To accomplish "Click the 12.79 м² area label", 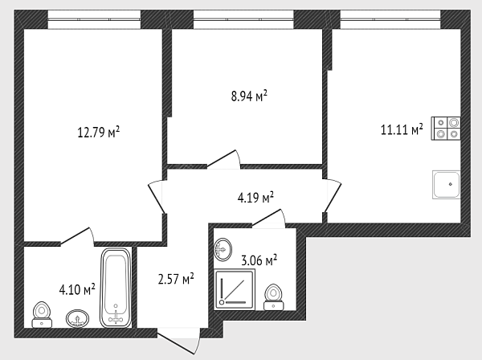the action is (x=98, y=133).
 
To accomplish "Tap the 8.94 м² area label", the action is (x=249, y=96).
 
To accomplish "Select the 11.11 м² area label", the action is (x=402, y=129).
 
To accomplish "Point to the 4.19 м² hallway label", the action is (x=255, y=198).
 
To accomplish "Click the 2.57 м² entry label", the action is (x=176, y=279).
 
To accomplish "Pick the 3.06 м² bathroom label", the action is (x=259, y=260).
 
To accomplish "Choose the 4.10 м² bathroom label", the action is (x=77, y=289).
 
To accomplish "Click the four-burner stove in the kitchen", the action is (x=446, y=129).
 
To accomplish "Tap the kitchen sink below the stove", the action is (x=447, y=185).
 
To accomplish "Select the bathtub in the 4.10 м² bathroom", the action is (x=116, y=288).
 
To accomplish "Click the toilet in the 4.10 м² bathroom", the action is (x=42, y=314).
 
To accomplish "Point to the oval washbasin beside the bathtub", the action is (x=77, y=318).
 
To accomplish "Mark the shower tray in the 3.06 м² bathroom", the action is (x=235, y=289).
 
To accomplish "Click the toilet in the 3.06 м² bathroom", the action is (x=274, y=297).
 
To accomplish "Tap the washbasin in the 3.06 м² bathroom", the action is (x=223, y=249).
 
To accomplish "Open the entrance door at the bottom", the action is (x=179, y=342).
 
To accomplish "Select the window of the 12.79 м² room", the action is (x=94, y=19).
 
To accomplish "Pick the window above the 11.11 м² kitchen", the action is (x=390, y=19).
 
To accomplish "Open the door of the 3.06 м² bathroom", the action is (x=268, y=219).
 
